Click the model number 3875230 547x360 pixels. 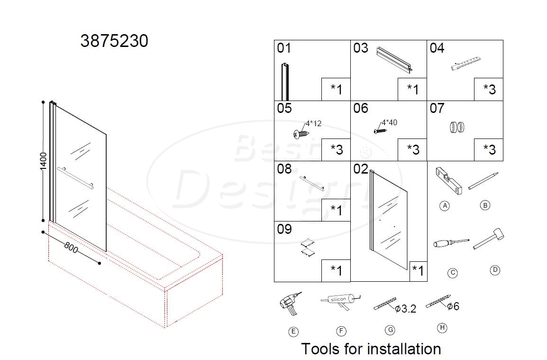[x=114, y=41]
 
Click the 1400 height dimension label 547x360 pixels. [x=43, y=161]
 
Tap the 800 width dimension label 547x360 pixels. [x=71, y=248]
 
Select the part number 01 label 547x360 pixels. [x=283, y=48]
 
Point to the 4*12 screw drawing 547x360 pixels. [x=301, y=133]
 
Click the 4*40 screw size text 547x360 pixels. [x=389, y=122]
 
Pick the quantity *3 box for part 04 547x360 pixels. [x=488, y=89]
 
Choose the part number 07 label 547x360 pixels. [x=437, y=108]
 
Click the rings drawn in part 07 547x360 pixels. [x=457, y=127]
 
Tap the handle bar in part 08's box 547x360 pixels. [x=311, y=183]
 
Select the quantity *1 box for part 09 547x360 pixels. [x=336, y=271]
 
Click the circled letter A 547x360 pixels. [x=445, y=206]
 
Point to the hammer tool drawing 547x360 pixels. [x=488, y=239]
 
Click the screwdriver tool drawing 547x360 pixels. [x=451, y=243]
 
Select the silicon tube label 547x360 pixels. [x=338, y=299]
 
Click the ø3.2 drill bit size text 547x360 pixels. [x=405, y=309]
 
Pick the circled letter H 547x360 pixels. [x=442, y=328]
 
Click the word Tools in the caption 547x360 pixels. [x=320, y=349]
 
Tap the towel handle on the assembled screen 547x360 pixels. [x=75, y=178]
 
